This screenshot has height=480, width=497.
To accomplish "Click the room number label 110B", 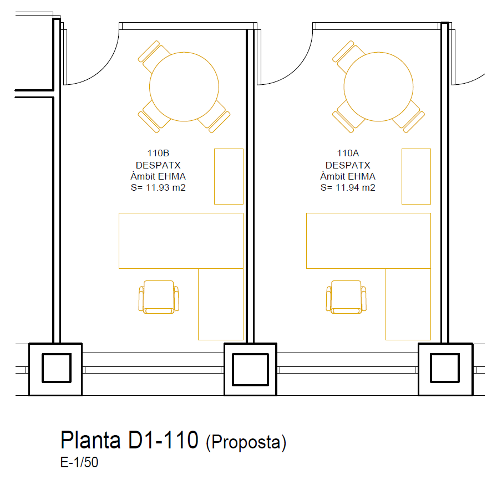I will pos(158,154).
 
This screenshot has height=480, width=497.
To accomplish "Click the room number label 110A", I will pos(348,154).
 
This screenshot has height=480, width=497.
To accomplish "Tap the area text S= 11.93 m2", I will pos(158,187).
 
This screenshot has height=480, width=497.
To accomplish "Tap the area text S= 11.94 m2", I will pos(348,187).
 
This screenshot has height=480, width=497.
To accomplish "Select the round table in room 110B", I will pos(184,87).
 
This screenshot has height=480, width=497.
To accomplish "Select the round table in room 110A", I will pos(378,87).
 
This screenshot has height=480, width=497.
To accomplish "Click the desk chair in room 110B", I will pos(159,296).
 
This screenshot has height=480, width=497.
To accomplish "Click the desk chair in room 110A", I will pos(346,296).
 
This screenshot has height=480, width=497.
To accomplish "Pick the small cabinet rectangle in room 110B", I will pos(229,176).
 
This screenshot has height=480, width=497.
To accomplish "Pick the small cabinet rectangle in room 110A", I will pos(416,176).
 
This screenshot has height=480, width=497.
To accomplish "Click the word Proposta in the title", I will pos(246,442).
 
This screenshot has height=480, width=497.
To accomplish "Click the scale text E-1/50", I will pos(79,462).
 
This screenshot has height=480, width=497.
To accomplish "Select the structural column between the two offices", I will pos(250,369).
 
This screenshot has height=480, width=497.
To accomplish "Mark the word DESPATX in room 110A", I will pos(348,165).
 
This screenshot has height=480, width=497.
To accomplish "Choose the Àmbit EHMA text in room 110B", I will pos(158,176).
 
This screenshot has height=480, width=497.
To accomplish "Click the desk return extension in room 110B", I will pos(221,304).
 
